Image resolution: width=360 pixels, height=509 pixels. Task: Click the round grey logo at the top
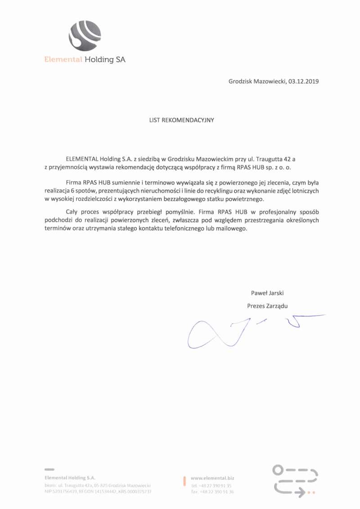click(x=84, y=36)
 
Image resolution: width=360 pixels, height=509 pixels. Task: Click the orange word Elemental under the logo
click(x=63, y=60)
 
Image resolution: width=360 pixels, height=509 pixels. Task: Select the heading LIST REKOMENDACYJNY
click(x=181, y=120)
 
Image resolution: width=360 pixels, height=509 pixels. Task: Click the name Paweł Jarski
click(x=267, y=293)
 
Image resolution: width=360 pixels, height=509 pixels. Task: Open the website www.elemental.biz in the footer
click(x=212, y=478)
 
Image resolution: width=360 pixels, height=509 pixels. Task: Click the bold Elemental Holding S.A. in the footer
click(x=70, y=478)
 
